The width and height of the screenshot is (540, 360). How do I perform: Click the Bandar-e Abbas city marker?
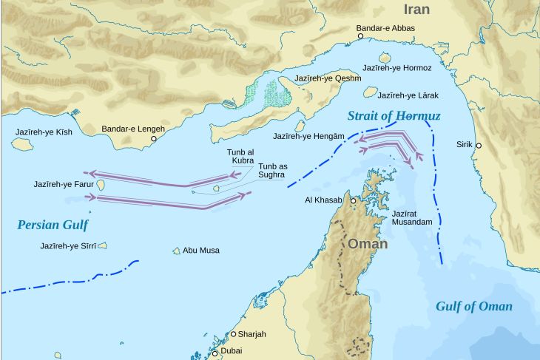point(361,35)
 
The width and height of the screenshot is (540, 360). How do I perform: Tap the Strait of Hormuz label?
point(394,116)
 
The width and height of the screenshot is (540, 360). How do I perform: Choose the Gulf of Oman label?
point(473,306)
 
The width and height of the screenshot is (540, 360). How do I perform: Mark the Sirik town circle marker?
point(479,146)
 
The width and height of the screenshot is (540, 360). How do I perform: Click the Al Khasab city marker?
point(354,200)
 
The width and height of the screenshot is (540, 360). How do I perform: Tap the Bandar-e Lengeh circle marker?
point(154,138)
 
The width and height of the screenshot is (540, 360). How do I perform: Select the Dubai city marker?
point(215,353)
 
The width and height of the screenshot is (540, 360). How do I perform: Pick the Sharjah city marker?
point(234,334)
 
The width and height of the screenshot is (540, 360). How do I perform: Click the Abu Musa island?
point(177,251)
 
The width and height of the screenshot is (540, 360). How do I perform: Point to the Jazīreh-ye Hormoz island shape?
point(385,58)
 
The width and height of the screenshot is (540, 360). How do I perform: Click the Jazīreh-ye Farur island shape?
point(100,184)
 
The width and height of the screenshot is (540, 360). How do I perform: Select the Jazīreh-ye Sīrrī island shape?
point(102,245)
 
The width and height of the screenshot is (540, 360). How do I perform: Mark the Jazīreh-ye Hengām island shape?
point(301,126)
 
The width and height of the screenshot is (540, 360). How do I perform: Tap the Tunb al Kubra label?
point(240,155)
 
